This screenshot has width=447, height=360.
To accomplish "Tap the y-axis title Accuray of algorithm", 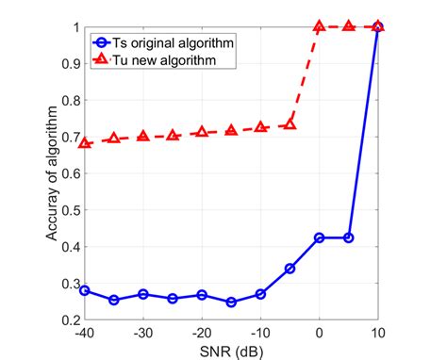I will tap(54, 173).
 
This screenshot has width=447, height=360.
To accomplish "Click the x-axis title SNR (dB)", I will tap(231, 350).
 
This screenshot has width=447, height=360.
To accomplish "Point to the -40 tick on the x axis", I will tap(85, 333).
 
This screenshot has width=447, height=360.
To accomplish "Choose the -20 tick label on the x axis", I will tap(201, 333).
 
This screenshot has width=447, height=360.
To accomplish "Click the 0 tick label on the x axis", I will tap(319, 333).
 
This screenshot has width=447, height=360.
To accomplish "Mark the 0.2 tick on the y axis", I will tap(68, 320).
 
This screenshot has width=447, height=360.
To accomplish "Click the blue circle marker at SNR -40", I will tap(85, 290).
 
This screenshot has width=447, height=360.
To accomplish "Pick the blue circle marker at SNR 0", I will tap(319, 237).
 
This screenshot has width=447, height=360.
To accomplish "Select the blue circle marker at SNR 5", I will tap(348, 237).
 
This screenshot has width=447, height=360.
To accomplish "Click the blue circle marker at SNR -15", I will tap(231, 302).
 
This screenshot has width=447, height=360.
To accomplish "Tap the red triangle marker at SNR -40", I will tap(85, 143).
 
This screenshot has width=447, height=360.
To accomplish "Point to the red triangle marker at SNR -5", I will tap(290, 124).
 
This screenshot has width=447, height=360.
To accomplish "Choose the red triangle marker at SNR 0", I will tap(319, 26).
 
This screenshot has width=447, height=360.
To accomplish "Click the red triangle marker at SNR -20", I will tap(202, 133).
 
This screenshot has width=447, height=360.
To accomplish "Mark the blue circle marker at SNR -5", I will tap(290, 269).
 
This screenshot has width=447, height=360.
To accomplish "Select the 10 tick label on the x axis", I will tap(377, 333).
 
